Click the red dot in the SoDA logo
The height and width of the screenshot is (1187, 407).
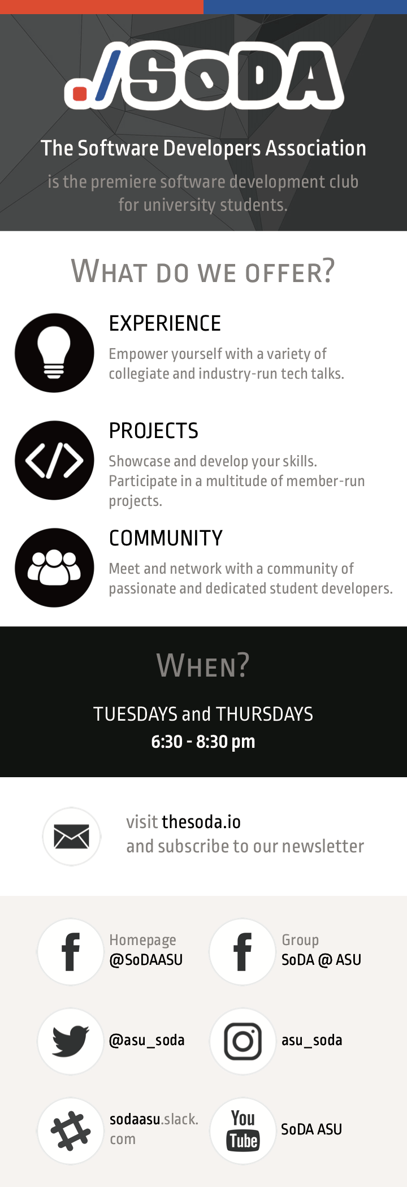coord(80,93)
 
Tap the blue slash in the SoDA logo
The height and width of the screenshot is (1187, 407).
coord(108,76)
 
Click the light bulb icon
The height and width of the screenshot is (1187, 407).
coord(54,353)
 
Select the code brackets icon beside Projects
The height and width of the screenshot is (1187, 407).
coord(54,460)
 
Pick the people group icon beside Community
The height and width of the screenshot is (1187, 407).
coord(54,567)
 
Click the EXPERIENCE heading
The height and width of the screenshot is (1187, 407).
coord(165,323)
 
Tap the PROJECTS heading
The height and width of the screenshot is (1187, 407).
coord(154,431)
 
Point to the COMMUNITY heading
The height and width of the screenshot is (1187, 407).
coord(166,538)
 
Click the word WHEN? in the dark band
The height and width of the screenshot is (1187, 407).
coord(203,665)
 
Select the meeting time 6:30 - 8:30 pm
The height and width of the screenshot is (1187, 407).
coord(203,741)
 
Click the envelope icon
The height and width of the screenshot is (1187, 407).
coord(71,837)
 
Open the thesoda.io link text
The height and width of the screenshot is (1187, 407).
coord(201,822)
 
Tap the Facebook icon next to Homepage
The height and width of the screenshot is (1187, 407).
coord(71,952)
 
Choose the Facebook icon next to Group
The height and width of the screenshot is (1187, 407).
coord(243,952)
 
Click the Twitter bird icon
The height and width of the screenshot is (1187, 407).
coord(71,1041)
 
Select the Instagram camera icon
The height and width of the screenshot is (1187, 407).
coord(243,1041)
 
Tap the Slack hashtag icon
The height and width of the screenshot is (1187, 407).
coord(71,1131)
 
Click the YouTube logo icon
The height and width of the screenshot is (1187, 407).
coord(243,1131)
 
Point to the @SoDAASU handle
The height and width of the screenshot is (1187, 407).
coord(146,960)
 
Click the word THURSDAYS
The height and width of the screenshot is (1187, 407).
coord(265,714)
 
